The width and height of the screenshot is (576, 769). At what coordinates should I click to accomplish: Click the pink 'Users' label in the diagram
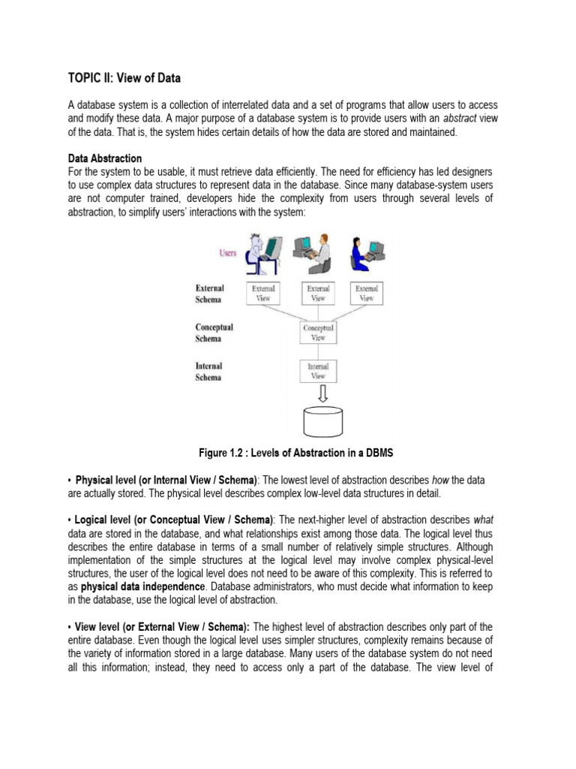tap(228, 253)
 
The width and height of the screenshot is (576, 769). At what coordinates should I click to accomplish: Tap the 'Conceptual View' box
tap(318, 333)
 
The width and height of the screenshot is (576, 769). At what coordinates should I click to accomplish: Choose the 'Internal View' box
tap(318, 371)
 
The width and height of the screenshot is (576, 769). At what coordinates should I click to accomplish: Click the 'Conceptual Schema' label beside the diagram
tap(214, 333)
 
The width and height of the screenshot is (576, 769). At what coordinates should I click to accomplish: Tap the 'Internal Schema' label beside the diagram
tap(208, 372)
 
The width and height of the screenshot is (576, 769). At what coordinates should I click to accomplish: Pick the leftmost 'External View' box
tap(263, 293)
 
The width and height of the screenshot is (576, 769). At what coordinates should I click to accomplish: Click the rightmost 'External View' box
tap(366, 293)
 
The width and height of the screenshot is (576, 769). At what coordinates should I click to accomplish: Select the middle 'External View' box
tap(318, 293)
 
